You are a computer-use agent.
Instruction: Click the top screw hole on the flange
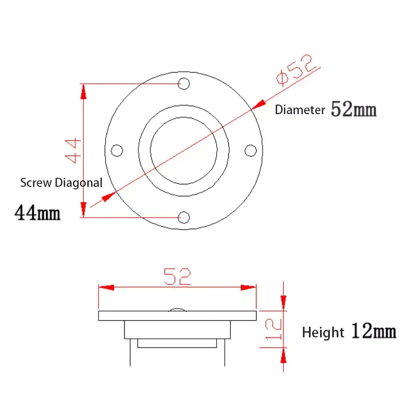click(x=184, y=83)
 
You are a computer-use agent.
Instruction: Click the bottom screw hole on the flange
click(x=184, y=217)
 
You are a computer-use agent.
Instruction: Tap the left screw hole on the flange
click(x=117, y=150)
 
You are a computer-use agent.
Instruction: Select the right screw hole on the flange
click(x=250, y=150)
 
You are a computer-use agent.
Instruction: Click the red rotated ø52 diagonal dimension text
click(x=297, y=69)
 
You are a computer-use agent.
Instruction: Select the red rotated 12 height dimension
click(x=273, y=330)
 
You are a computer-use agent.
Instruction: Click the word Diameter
click(x=299, y=111)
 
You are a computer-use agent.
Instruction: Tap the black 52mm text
click(x=353, y=109)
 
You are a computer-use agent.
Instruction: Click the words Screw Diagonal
click(x=61, y=183)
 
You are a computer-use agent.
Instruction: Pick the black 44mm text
click(x=38, y=213)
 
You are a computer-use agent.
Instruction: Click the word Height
click(x=323, y=333)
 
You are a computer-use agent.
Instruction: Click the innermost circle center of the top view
click(x=184, y=150)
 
